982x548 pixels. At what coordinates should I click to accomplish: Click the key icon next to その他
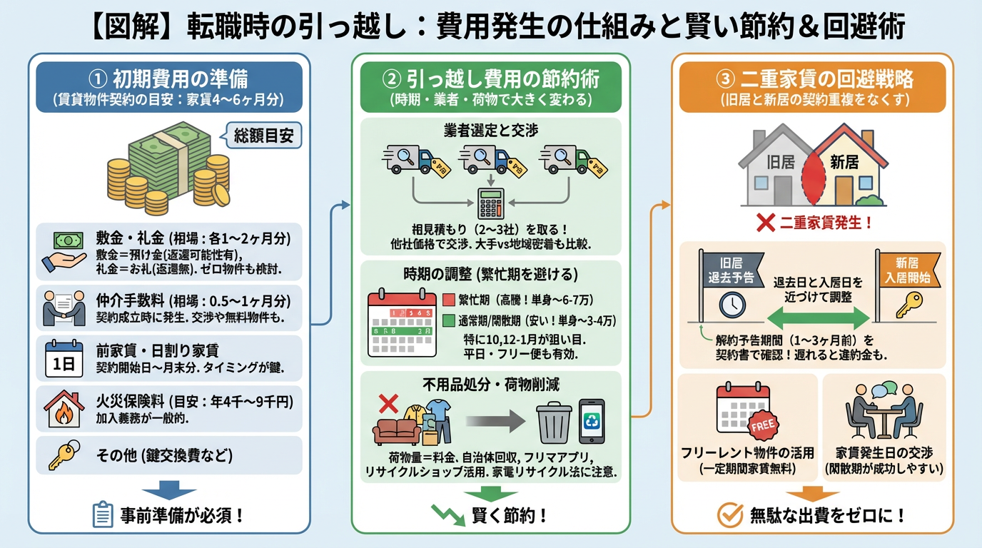tap(61, 455)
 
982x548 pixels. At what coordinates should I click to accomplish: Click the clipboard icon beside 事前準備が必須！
tap(103, 514)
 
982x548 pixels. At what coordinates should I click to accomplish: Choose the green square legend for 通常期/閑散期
tap(449, 321)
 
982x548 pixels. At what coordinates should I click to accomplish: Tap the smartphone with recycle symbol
tap(592, 421)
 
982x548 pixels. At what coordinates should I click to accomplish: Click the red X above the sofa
tap(388, 405)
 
